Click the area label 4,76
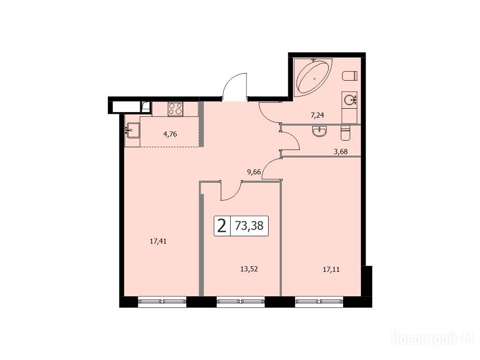coord(170,134)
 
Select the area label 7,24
coord(317,115)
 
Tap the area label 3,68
coord(341,151)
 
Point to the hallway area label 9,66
coord(254,172)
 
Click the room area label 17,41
coord(158,241)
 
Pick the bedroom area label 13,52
coord(249,269)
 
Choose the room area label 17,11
coord(331,270)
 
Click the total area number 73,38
coord(249,226)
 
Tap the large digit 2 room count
coord(222,226)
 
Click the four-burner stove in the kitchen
coord(175,109)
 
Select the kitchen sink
coord(132,130)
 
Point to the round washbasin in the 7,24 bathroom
coord(350,100)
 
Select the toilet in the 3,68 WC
coord(345,133)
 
